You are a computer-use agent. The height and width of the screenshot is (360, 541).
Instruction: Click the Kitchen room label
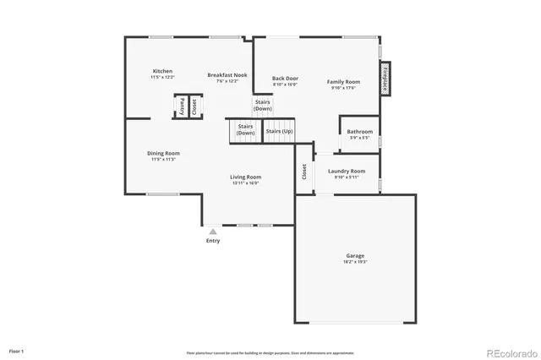[162, 71]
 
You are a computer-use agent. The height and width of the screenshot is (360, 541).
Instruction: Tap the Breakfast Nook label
[227, 75]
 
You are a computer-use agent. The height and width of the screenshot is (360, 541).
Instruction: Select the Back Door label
[285, 79]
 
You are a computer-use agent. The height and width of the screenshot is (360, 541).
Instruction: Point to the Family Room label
[343, 82]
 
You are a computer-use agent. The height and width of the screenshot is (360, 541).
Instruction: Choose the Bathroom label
[359, 132]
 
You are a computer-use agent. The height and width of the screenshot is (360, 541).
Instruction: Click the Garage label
[355, 255]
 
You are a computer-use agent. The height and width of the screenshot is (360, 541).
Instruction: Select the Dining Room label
[164, 154]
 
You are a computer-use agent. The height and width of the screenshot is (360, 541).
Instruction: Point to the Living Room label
[245, 177]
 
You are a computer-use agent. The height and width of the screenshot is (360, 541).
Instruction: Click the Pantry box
[181, 106]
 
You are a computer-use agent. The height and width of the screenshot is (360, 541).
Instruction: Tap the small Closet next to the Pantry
[194, 106]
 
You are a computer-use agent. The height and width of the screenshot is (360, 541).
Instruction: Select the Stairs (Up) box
[279, 131]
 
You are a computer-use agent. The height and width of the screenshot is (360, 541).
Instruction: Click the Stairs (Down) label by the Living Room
[245, 130]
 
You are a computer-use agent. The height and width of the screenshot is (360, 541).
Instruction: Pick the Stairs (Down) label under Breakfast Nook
[263, 105]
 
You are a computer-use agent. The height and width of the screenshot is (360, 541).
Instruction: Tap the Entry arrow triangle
[213, 230]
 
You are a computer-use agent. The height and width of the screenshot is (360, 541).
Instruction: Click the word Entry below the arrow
[213, 241]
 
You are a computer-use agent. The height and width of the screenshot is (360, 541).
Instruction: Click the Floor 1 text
[17, 350]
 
